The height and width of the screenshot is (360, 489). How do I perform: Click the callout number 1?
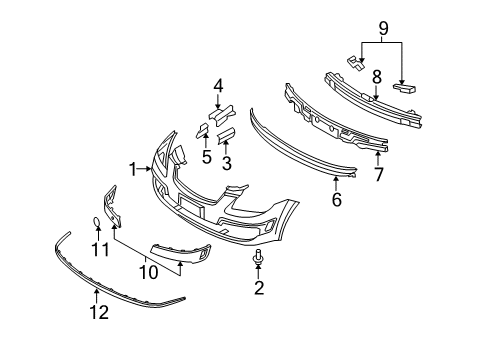coord(134,170)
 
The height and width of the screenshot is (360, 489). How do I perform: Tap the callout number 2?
coord(258,290)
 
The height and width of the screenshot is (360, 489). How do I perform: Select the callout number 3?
coord(225,162)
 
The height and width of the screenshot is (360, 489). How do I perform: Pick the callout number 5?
coord(206,157)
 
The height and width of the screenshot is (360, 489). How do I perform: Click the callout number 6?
coord(336,200)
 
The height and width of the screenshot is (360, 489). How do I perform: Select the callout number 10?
coord(149,270)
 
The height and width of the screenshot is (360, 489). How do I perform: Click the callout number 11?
coord(98,248)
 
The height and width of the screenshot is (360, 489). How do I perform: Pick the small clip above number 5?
coord(202,129)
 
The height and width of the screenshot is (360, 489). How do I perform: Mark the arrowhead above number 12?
coord(96,293)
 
